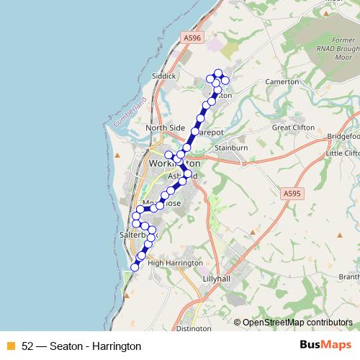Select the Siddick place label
[163, 75]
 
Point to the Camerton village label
[282, 82]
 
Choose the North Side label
[165, 128]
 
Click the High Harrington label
[175, 263]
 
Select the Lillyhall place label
[220, 277]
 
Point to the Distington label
[193, 328]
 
